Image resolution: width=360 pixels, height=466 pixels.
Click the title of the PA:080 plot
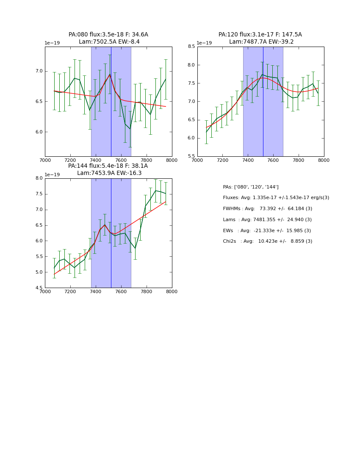coord(108,38)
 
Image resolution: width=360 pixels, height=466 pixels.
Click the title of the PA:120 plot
coord(260,38)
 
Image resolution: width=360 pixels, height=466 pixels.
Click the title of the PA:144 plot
coord(108,169)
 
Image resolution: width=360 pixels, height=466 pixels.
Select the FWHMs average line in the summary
coord(267,208)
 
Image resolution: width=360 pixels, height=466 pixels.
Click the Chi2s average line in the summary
coord(267,241)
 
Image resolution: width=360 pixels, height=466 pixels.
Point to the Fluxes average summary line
coord(276,198)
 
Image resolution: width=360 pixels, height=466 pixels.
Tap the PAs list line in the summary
coord(250,187)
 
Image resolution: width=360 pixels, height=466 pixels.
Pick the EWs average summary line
coord(267,230)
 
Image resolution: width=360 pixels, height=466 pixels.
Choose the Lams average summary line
coord(267,219)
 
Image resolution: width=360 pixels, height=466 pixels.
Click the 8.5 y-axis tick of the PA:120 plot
coord(191,47)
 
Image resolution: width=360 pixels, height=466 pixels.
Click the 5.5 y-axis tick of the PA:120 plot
coord(191,156)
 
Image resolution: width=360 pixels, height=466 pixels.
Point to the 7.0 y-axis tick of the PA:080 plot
coord(39,71)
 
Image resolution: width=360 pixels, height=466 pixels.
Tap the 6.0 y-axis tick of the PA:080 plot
coord(39,132)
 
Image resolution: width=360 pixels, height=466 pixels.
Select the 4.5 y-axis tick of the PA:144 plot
coord(39,288)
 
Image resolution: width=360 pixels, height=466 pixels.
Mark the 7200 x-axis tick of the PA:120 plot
coord(223,161)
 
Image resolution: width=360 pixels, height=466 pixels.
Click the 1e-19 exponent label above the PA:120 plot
coord(204,43)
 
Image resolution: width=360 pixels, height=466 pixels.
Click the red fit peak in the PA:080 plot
coord(110,75)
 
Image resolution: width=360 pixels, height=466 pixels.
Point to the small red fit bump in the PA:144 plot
coord(105,225)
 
